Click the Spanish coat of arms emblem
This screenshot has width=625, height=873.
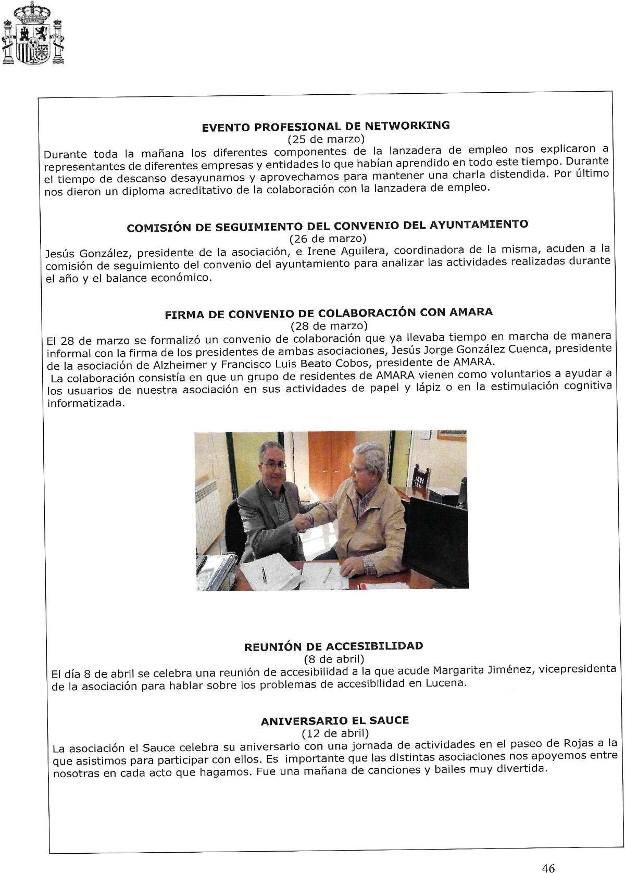[33, 34]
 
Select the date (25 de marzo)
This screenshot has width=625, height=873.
[326, 139]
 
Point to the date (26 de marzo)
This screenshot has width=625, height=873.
[328, 239]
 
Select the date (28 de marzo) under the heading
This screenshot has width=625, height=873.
[329, 326]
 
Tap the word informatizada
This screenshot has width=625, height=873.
[86, 404]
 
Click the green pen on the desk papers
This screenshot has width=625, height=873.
[328, 575]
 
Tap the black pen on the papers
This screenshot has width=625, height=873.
[264, 574]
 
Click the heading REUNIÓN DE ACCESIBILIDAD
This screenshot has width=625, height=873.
[333, 646]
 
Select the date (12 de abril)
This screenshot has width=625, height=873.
[335, 733]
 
